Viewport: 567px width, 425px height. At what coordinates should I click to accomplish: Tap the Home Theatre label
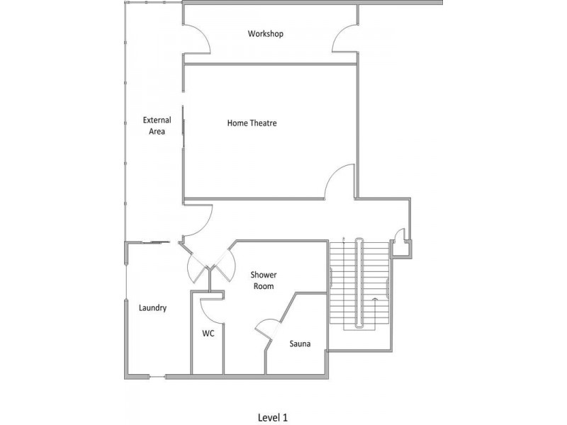pyautogui.click(x=252, y=123)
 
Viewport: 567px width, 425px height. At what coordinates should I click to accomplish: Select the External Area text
pyautogui.click(x=157, y=125)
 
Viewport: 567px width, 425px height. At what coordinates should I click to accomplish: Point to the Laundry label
pyautogui.click(x=152, y=307)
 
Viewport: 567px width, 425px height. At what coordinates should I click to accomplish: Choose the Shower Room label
pyautogui.click(x=263, y=280)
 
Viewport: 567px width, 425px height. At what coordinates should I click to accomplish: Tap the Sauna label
pyautogui.click(x=300, y=344)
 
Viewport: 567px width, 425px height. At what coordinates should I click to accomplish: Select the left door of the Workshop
pyautogui.click(x=198, y=41)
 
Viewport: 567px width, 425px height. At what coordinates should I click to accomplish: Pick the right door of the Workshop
pyautogui.click(x=345, y=41)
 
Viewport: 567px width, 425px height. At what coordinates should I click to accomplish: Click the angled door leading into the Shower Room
pyautogui.click(x=225, y=266)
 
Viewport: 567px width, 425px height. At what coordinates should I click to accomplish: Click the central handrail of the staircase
pyautogui.click(x=360, y=283)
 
